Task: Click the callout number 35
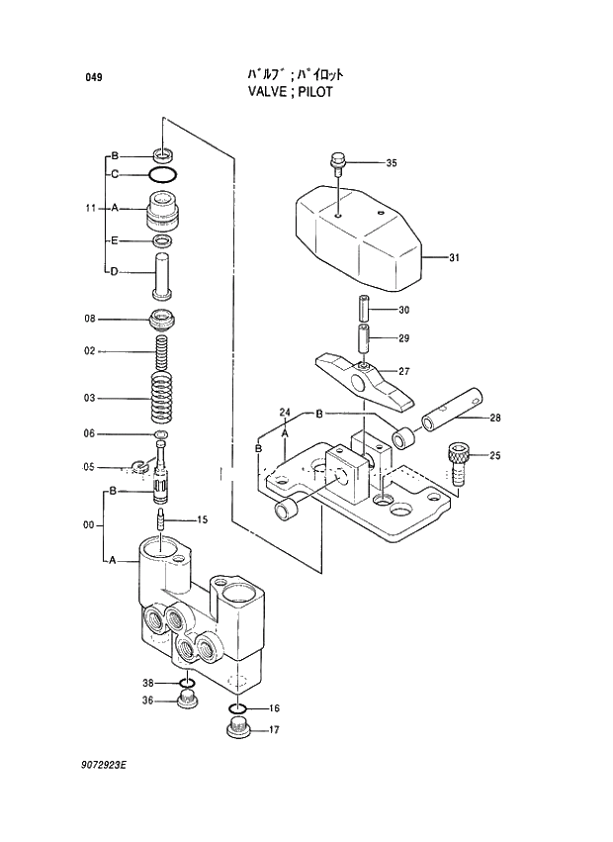391,163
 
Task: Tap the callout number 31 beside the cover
454,258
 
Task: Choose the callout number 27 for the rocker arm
403,371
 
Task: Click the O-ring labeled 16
237,708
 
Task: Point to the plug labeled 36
186,702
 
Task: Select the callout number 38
147,683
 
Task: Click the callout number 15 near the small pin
201,518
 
